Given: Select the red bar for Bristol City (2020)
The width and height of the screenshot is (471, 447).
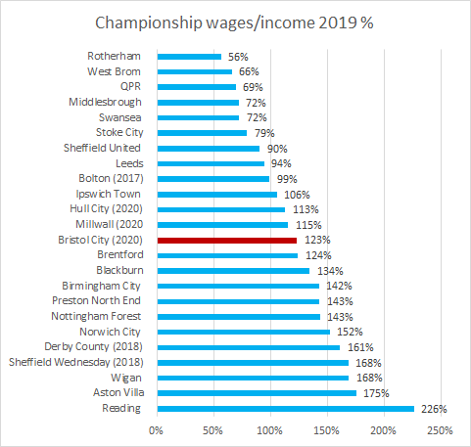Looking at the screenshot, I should pos(226,240).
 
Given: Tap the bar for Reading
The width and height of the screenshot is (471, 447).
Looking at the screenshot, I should pos(285,409).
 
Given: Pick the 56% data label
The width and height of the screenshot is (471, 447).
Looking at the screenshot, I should pos(238,57).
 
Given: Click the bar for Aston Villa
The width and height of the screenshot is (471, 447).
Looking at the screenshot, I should pos(256,393).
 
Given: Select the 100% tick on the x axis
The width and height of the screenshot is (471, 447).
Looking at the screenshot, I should pos(269,429).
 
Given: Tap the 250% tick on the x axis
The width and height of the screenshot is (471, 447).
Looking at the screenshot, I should pos(441,429).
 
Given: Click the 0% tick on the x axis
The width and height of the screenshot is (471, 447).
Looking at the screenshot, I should pos(156,429).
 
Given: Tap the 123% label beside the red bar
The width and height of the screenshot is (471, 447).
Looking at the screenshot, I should pos(315,240).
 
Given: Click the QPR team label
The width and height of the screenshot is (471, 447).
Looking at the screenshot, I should pos(128,87).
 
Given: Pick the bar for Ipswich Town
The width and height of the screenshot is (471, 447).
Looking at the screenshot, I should pos(216,194).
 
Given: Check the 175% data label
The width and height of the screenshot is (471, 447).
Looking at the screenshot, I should pos(375,393).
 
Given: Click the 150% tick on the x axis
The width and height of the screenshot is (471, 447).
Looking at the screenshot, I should pos(326,429).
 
